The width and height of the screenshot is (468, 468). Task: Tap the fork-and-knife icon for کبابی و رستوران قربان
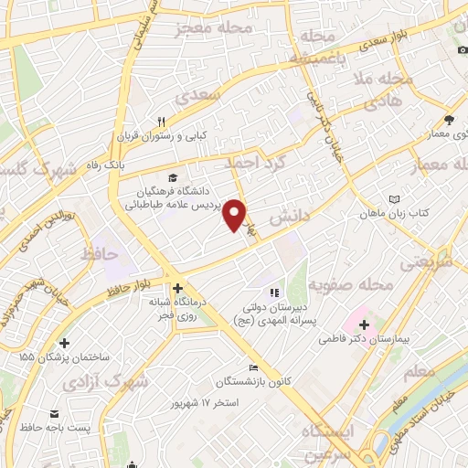pos(160,122)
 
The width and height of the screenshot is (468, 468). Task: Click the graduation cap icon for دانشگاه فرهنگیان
pos(171,177)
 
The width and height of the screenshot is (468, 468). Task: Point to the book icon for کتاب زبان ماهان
pos(394,198)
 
